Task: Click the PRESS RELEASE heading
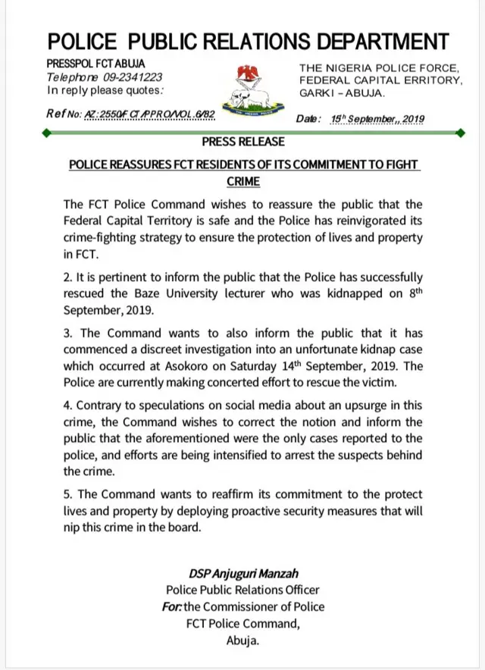coord(243,142)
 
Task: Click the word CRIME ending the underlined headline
coord(243,182)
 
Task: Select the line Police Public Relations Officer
coord(242,589)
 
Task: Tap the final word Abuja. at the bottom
coord(243,640)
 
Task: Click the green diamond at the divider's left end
coord(48,133)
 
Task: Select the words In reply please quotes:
coord(105,90)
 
